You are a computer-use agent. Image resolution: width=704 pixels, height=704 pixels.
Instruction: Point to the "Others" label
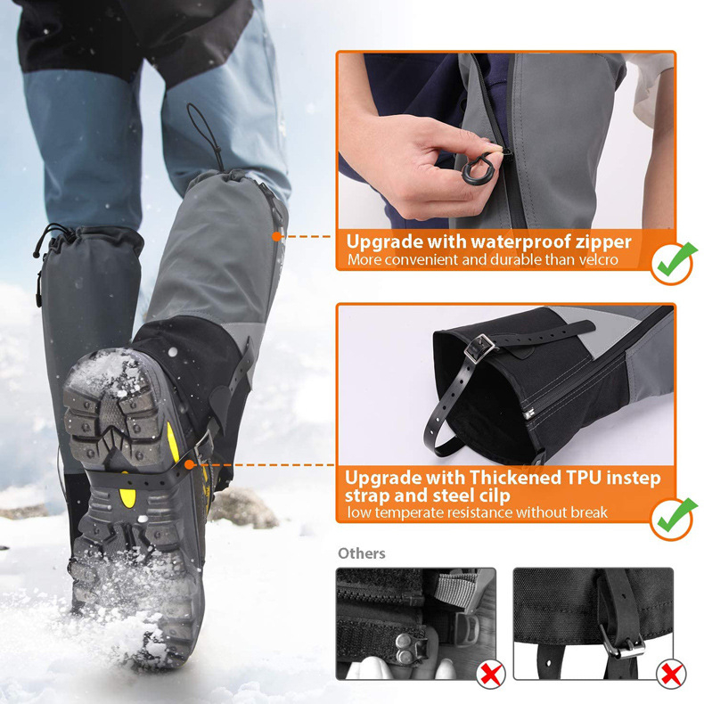362,553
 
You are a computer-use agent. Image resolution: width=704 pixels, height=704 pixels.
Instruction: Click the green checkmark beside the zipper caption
675,260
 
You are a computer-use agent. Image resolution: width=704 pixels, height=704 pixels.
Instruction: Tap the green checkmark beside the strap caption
675,516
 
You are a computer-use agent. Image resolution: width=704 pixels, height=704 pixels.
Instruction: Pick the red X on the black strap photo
671,675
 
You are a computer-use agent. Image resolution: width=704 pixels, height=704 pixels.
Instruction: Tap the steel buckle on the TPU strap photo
479,347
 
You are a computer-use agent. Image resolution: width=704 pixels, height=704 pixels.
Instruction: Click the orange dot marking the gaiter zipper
276,236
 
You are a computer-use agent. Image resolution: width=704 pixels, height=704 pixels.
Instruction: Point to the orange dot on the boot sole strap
190,464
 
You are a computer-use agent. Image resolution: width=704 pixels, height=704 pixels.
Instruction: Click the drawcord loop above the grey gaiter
206,134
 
